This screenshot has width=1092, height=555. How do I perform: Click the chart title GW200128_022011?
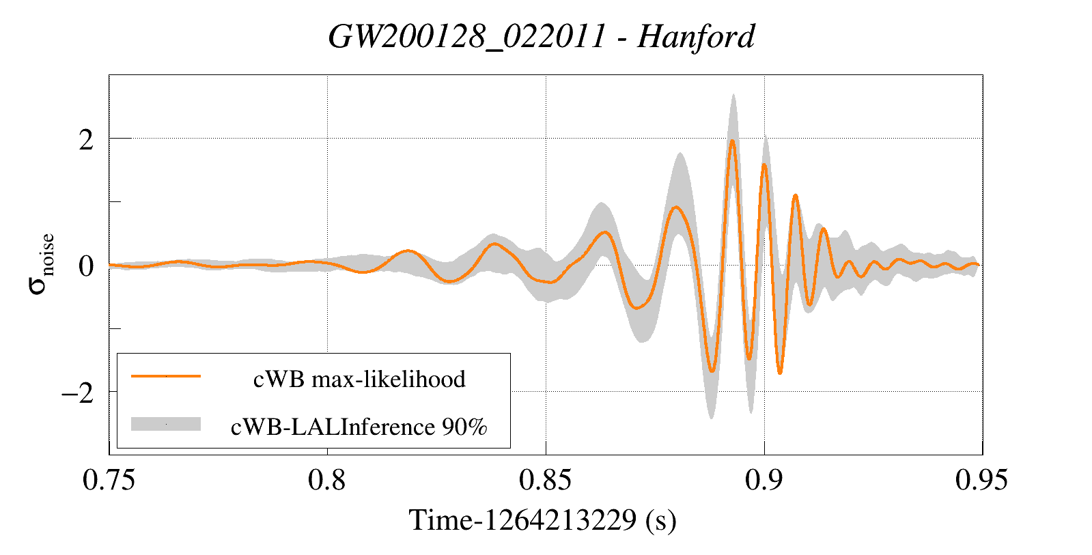(x=467, y=36)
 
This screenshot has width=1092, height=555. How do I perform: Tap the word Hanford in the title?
(x=696, y=36)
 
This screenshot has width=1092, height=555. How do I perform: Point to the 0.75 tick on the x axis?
(x=109, y=480)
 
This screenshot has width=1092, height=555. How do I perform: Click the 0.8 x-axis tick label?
(x=327, y=480)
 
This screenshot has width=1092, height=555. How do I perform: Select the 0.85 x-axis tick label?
(x=545, y=480)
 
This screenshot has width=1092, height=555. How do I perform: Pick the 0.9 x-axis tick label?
(x=764, y=480)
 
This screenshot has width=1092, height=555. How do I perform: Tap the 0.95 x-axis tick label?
(x=981, y=480)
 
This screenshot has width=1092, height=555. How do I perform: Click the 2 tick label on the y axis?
(x=86, y=140)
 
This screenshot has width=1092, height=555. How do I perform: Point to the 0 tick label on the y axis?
(x=86, y=266)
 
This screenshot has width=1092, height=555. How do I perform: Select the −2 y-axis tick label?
(x=76, y=393)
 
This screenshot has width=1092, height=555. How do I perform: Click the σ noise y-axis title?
(x=41, y=264)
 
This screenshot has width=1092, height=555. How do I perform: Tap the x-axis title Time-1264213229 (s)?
(x=542, y=520)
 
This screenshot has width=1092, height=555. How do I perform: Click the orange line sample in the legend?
(x=165, y=376)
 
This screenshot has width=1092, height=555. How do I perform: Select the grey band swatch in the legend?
(x=165, y=424)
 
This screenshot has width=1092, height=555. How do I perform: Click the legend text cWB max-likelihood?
(x=359, y=379)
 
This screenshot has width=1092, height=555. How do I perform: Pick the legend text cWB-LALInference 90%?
(x=359, y=427)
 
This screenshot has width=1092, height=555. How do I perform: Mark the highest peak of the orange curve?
(x=732, y=141)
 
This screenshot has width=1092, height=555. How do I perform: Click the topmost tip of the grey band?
(x=733, y=94)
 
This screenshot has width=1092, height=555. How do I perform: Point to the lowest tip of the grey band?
(x=712, y=418)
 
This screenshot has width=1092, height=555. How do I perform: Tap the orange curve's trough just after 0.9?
(x=780, y=373)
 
